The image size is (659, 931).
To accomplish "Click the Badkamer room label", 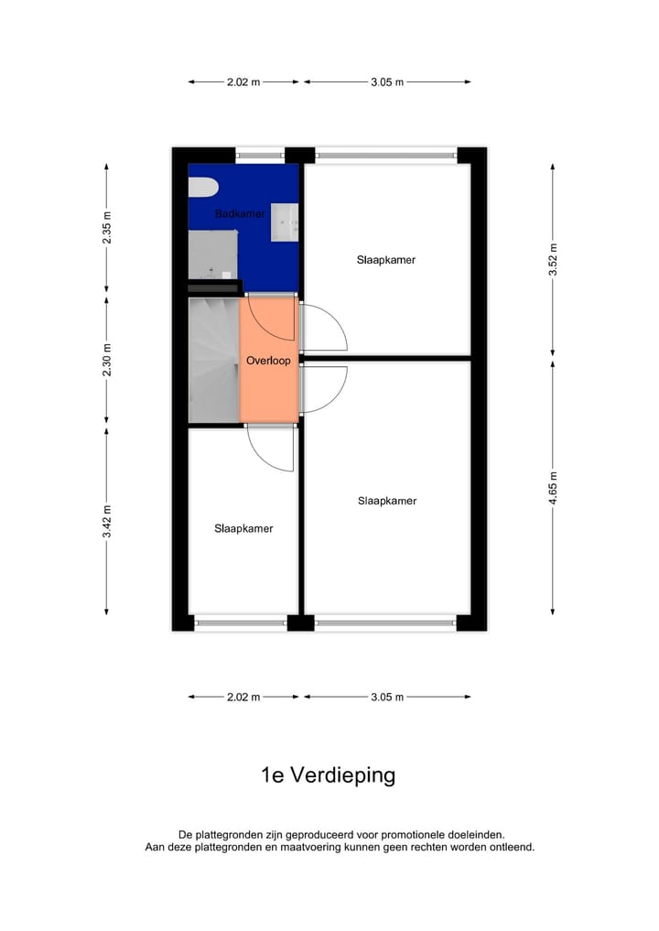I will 240,214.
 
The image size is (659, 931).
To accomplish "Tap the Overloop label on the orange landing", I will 268,361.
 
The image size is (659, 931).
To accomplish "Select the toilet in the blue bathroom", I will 203,188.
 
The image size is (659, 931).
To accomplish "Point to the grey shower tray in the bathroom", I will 212,254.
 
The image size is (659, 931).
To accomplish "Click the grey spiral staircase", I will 213,360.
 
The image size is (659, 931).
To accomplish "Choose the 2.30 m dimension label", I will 107,360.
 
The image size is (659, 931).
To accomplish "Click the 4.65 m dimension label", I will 553,488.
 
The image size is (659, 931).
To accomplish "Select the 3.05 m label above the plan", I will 388,82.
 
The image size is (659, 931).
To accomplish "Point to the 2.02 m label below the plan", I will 243,697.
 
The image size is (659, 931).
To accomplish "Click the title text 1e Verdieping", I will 328,775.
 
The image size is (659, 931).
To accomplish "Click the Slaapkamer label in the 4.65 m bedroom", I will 387,501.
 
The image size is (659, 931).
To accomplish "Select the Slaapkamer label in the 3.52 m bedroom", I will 386,260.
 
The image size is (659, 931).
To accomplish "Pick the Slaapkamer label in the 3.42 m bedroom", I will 243,528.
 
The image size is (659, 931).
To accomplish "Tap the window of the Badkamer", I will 261,155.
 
